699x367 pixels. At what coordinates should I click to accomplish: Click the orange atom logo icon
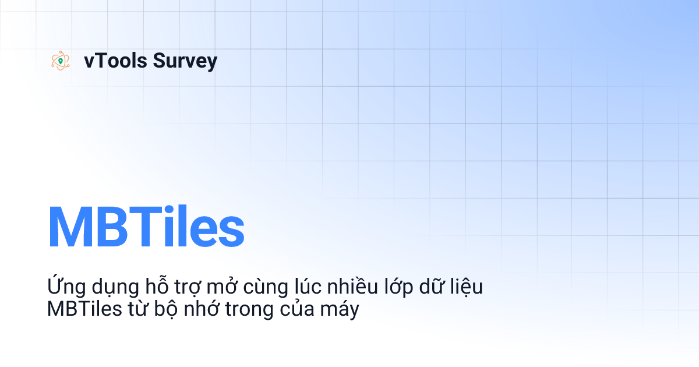click(x=60, y=61)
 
